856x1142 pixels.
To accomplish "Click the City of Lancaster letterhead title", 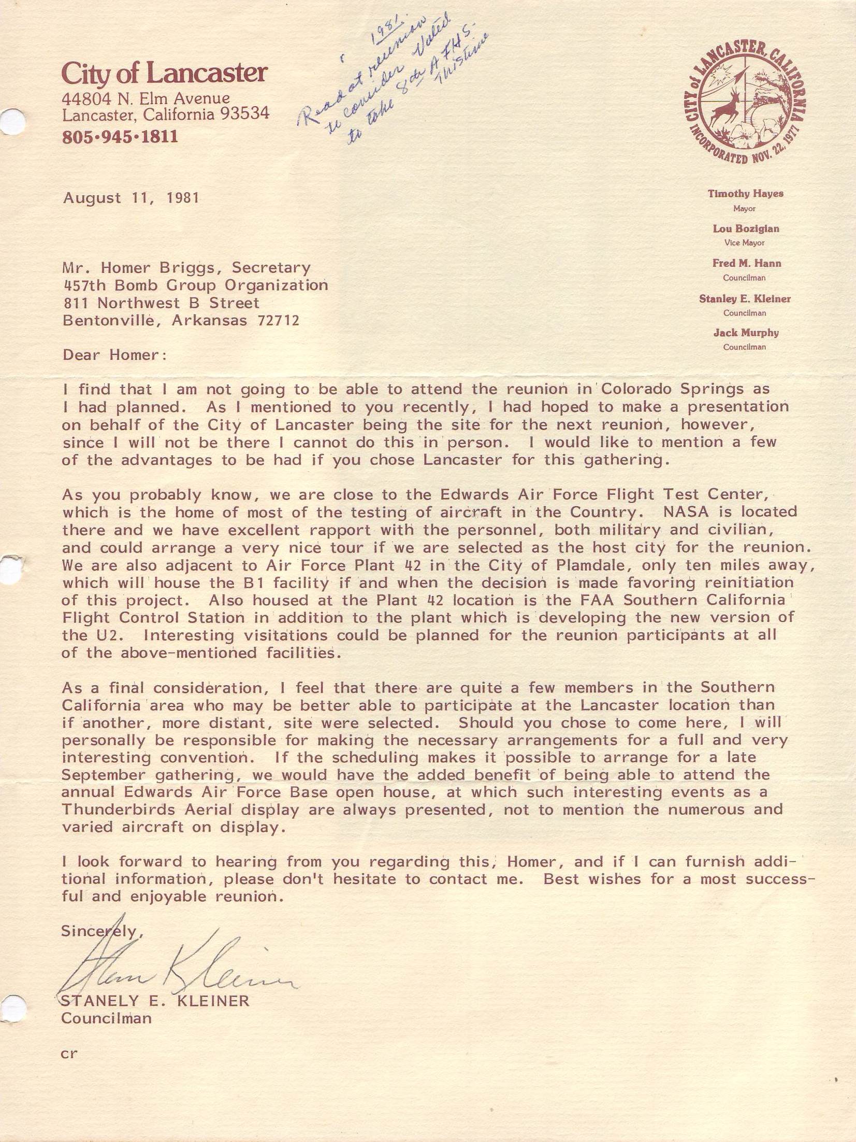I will [164, 73].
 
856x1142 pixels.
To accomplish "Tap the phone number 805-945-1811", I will [120, 137].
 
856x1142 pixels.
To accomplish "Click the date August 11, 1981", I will [131, 198].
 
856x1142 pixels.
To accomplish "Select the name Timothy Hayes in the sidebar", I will [746, 194].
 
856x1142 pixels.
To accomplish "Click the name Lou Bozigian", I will [746, 228].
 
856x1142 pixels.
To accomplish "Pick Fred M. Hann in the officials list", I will [746, 263].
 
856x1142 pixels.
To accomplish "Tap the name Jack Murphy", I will [746, 333].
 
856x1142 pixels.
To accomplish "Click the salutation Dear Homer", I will [115, 355].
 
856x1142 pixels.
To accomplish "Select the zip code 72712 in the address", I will [278, 321].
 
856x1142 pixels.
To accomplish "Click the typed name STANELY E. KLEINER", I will [155, 1001].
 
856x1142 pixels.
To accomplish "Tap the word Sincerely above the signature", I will [101, 931].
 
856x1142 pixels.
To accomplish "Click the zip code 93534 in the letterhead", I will [245, 113].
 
